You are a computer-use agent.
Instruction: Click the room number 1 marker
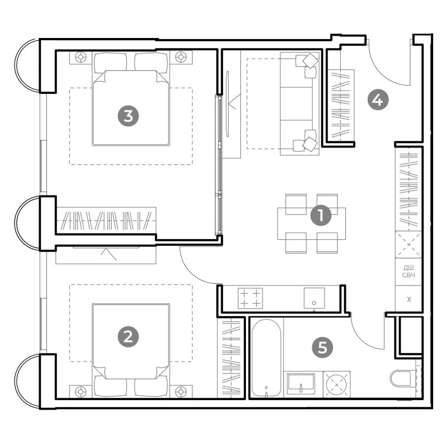pos(321,215)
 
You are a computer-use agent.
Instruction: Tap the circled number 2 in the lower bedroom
pos(129,337)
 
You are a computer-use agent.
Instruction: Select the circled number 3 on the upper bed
pos(129,116)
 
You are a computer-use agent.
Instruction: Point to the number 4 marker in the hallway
pos(378,100)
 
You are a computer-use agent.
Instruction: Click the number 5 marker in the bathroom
pos(322,348)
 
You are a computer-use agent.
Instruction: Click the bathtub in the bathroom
pos(267,358)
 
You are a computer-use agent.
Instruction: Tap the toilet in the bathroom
pos(401,378)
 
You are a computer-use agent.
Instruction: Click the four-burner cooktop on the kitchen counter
pos(250,298)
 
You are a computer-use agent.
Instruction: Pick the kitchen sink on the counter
pos(314,298)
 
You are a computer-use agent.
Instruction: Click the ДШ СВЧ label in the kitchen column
pos(408,272)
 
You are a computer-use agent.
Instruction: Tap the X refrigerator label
pos(409,299)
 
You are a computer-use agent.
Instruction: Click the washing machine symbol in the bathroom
pos(337,384)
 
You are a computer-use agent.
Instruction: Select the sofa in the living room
pos(299,104)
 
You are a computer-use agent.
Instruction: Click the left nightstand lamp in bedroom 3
pos(81,57)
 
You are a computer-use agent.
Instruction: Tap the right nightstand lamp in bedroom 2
pos(180,392)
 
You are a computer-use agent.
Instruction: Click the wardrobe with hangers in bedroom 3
pos(106,221)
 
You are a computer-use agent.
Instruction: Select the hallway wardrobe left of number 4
pos(341,106)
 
